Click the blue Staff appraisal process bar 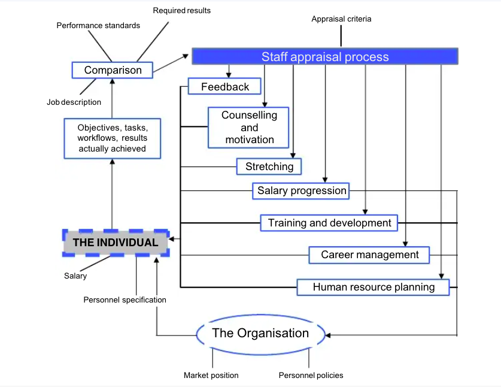pos(325,57)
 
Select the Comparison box pos(113,70)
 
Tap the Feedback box pos(224,87)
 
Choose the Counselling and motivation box pos(249,128)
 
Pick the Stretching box pos(269,167)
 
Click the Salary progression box pos(302,191)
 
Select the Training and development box pos(329,223)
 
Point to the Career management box pos(369,255)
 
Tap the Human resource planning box pos(374,287)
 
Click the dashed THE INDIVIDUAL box pos(116,243)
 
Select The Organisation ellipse pos(260,333)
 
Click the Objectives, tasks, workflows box pos(112,138)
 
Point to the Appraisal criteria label pos(341,19)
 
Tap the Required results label pos(181,10)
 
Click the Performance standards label pos(98,26)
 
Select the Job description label pos(74,102)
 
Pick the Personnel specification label pos(125,300)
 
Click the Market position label pos(211,376)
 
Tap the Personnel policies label pos(311,376)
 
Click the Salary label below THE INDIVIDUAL pos(75,276)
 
